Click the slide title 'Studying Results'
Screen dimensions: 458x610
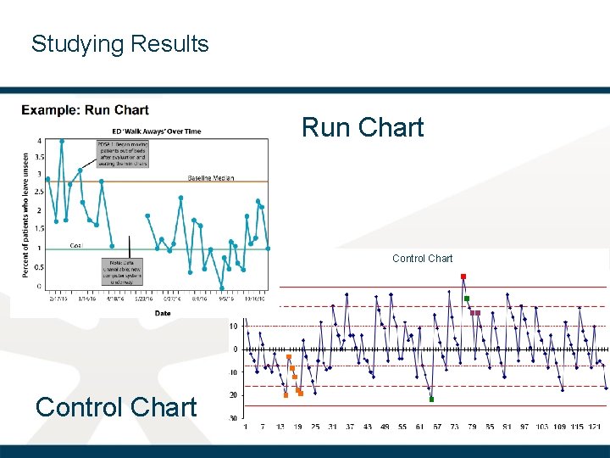click(119, 44)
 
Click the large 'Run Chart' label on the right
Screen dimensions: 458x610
click(363, 127)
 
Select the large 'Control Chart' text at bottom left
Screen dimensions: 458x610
click(116, 407)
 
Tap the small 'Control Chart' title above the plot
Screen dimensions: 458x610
click(422, 259)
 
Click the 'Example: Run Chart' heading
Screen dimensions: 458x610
click(85, 110)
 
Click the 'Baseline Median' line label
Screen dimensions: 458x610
click(211, 178)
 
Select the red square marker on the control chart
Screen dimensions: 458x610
click(463, 276)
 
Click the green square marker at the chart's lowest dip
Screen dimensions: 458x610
click(431, 399)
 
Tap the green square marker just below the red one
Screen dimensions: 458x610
click(467, 299)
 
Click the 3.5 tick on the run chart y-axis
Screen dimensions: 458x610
click(40, 157)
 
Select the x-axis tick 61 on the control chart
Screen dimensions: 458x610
click(420, 427)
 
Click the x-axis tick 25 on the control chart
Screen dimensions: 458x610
click(315, 427)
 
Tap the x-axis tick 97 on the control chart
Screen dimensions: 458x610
click(524, 427)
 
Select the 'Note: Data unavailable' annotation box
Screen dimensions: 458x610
click(122, 272)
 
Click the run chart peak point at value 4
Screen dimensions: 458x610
click(61, 142)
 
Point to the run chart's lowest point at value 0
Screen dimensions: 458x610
click(221, 288)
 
